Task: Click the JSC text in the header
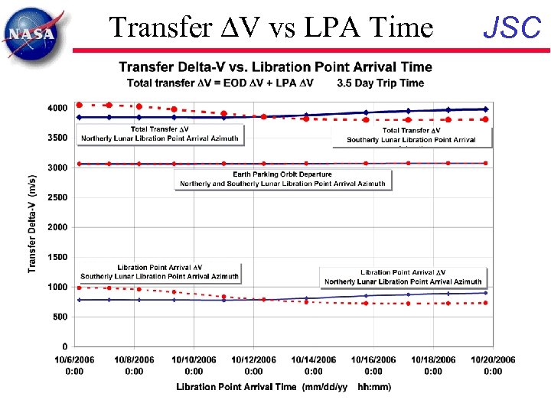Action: [x=513, y=28]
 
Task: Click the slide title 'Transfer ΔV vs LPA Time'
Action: [x=271, y=28]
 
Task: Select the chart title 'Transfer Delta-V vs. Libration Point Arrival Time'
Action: [x=275, y=67]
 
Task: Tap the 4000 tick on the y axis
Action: [x=57, y=109]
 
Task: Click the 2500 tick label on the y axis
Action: [x=57, y=197]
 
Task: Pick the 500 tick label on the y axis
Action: [x=60, y=317]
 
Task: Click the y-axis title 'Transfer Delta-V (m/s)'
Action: [x=32, y=222]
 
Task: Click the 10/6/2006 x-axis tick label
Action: [x=74, y=366]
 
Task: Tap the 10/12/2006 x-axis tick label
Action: [x=253, y=366]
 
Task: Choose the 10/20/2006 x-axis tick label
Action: [x=493, y=366]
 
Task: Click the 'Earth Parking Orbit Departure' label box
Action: [x=283, y=179]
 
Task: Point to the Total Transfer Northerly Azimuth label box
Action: [x=160, y=135]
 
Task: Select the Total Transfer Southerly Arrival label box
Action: [x=412, y=135]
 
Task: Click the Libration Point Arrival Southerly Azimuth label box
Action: [x=160, y=272]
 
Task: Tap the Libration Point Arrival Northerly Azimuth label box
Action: [x=402, y=277]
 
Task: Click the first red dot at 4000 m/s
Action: [x=80, y=105]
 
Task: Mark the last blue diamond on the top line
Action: [x=485, y=109]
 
